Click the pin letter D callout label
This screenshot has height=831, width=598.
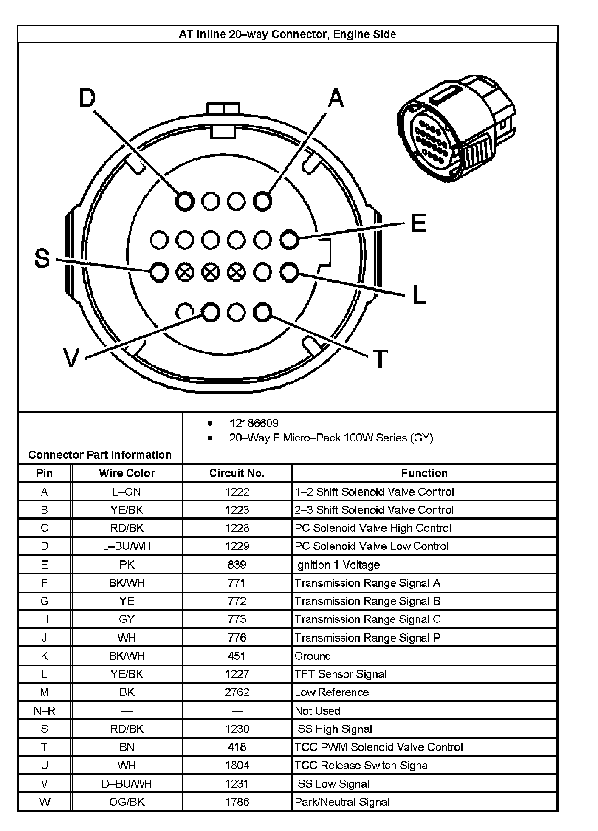(x=87, y=99)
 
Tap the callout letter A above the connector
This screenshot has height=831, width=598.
(x=336, y=99)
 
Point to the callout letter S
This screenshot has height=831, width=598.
(x=42, y=258)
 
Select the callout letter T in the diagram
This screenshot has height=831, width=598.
(x=380, y=359)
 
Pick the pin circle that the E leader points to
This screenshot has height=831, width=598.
(x=289, y=240)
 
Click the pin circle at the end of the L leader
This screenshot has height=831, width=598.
(x=289, y=272)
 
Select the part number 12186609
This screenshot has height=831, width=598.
(x=254, y=423)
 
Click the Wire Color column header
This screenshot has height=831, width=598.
(x=127, y=473)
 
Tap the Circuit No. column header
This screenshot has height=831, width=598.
(x=237, y=473)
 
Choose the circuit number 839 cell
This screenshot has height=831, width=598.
(x=237, y=565)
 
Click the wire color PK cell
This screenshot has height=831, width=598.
(x=127, y=565)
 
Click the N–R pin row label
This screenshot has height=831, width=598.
(x=44, y=710)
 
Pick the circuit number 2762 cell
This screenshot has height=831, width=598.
(x=237, y=692)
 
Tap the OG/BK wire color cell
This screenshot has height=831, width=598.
(x=127, y=802)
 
